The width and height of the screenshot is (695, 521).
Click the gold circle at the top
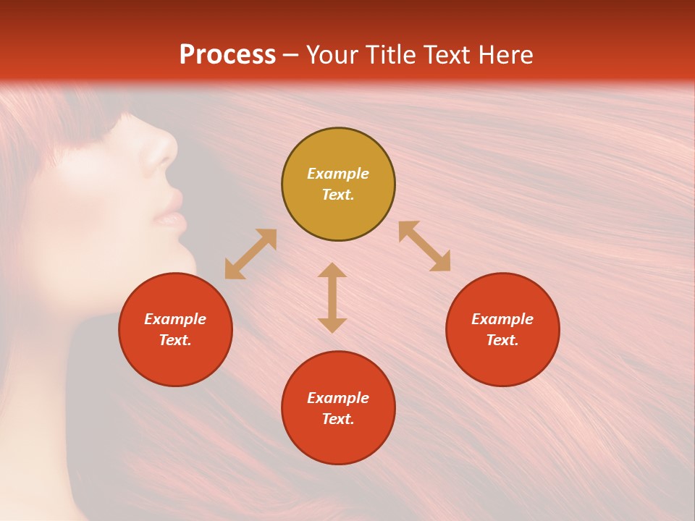[x=338, y=185]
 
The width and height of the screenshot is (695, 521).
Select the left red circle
[x=175, y=329]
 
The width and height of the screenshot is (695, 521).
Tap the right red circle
[x=502, y=329]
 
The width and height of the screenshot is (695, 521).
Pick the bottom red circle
[x=338, y=408]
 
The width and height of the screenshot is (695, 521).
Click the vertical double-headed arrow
[x=332, y=298]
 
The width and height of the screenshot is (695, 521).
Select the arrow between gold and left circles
[x=250, y=254]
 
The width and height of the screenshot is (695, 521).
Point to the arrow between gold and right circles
[x=424, y=246]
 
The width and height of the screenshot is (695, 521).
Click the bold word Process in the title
[x=227, y=55]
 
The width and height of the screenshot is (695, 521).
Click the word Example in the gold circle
[x=338, y=174]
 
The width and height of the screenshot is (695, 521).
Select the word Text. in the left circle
[x=175, y=340]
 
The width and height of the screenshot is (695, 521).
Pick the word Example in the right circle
[x=502, y=319]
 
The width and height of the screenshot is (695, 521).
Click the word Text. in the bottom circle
[x=338, y=419]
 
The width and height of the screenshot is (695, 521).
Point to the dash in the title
[x=291, y=56]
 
